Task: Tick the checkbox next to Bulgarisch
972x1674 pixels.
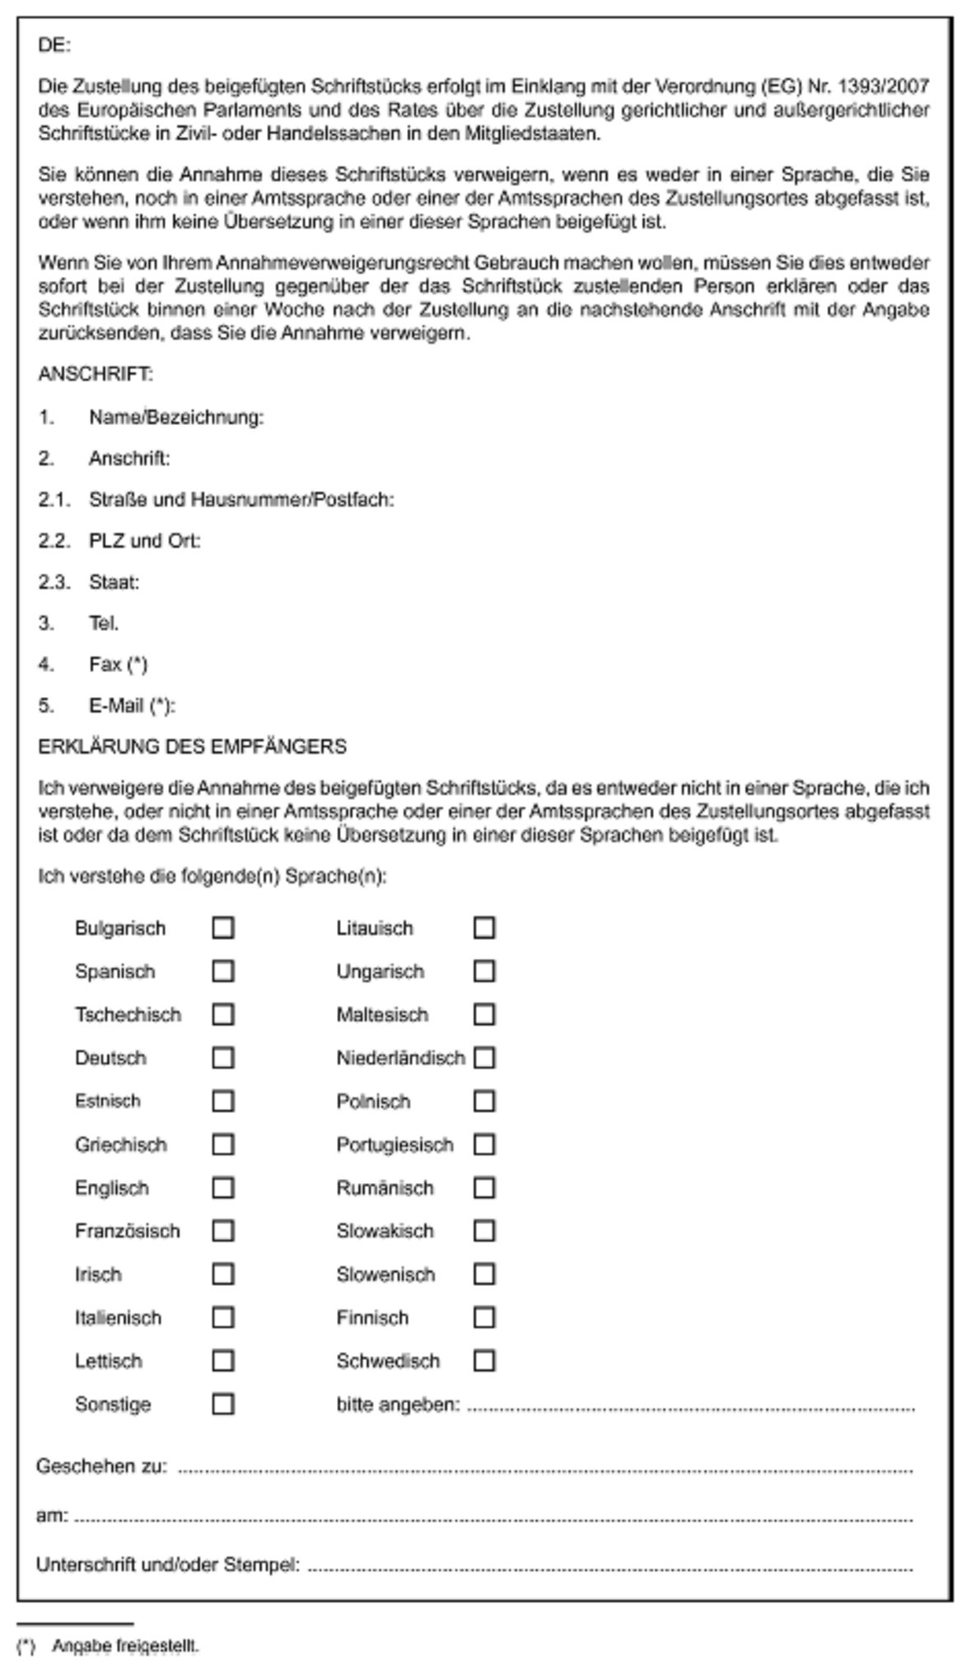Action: coord(222,928)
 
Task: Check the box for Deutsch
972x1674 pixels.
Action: coord(222,1058)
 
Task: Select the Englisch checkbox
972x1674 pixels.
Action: coord(222,1188)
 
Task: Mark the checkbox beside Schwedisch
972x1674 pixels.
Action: coord(484,1361)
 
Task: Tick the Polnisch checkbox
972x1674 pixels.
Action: coord(484,1101)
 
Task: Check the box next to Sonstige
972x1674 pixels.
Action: coord(222,1404)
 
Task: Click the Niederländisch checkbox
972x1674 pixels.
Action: coord(484,1058)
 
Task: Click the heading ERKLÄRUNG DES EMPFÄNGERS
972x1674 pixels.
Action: coord(192,747)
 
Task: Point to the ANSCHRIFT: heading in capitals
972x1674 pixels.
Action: coord(96,375)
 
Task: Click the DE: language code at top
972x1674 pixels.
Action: coord(54,46)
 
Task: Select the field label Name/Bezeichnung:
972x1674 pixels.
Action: coord(176,418)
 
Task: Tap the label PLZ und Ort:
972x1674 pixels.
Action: coord(145,541)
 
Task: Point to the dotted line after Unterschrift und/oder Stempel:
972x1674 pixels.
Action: coord(610,1566)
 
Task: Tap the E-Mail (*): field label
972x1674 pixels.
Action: coord(133,706)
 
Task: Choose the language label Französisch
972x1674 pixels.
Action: coord(128,1232)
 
